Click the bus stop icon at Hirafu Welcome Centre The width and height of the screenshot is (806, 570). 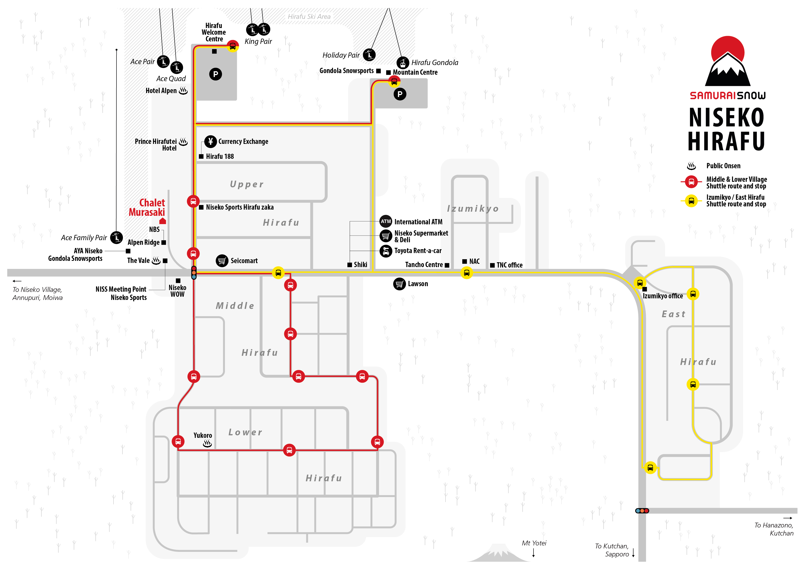232,46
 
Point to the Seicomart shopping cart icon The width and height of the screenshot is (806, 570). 222,261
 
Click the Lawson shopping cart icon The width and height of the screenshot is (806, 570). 400,284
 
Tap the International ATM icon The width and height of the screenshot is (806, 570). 386,221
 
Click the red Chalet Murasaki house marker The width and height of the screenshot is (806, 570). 162,221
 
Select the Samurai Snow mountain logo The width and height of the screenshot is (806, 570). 728,61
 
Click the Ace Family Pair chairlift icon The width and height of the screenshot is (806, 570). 116,238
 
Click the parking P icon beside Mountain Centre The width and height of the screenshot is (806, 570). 400,94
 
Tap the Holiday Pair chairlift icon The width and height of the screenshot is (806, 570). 369,55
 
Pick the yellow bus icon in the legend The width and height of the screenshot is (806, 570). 691,201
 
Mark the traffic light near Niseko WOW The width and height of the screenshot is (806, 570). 194,273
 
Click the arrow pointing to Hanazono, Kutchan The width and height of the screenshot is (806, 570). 788,518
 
